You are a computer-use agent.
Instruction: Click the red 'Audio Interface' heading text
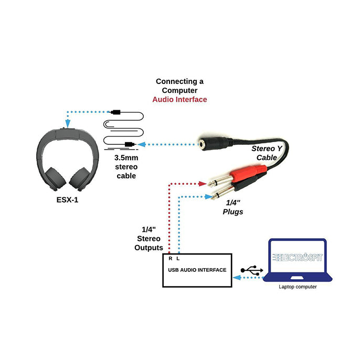click(179, 99)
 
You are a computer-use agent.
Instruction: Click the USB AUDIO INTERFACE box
click(197, 270)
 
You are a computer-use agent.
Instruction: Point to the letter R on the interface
click(170, 259)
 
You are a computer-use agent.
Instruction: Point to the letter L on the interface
click(178, 259)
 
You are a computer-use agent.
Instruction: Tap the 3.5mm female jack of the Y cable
click(215, 142)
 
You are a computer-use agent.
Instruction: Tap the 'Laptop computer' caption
click(297, 287)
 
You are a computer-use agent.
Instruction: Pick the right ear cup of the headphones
click(81, 178)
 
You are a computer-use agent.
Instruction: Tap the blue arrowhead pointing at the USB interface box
click(236, 278)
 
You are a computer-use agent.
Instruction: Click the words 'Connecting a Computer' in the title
click(179, 86)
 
